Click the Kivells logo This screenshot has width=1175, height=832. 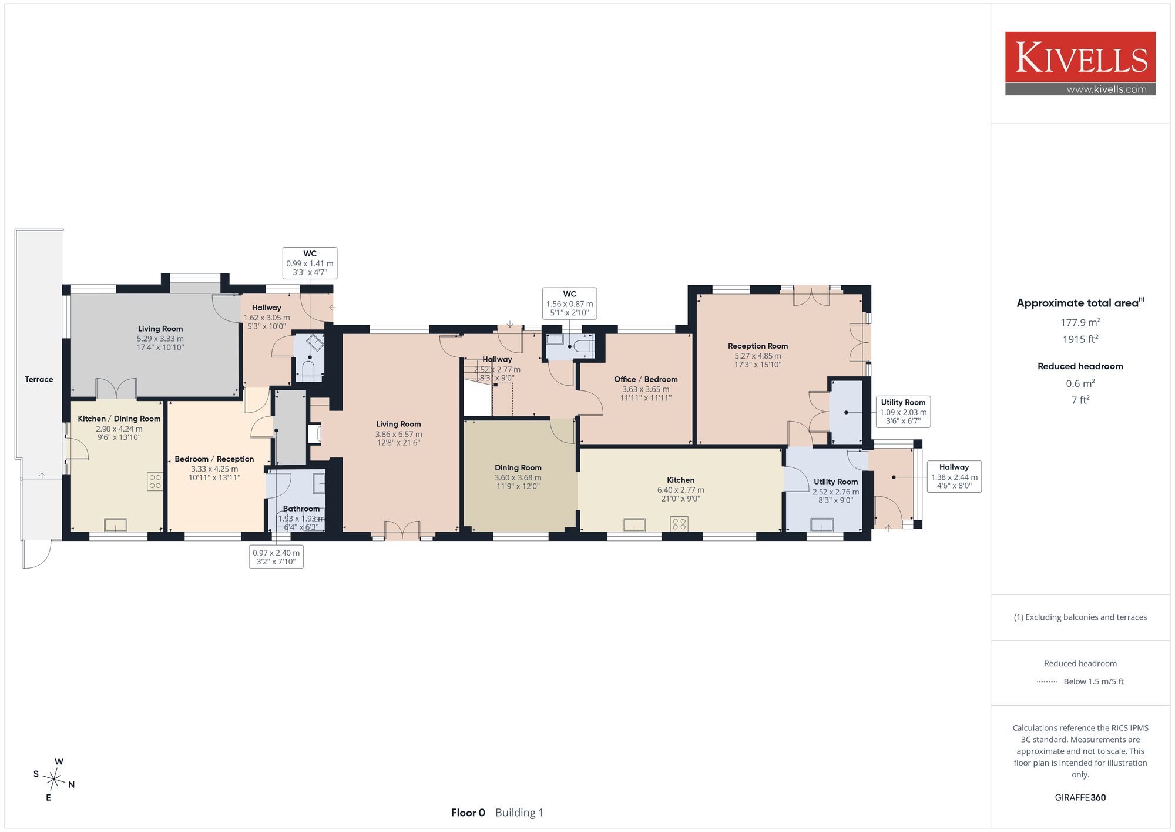(x=1080, y=64)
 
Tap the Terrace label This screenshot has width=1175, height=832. (x=39, y=379)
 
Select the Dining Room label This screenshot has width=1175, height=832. (x=518, y=468)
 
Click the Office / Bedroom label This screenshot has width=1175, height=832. (x=646, y=379)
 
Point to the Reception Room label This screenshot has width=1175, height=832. (x=758, y=346)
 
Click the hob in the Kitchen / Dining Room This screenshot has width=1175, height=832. (x=155, y=482)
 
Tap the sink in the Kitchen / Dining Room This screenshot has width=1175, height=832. (x=116, y=524)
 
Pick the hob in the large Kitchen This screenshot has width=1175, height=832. (x=679, y=523)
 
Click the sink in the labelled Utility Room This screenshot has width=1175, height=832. (x=822, y=524)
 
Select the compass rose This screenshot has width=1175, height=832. (x=54, y=780)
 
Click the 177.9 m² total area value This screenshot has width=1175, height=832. (x=1080, y=322)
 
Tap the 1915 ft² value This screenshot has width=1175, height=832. (x=1080, y=339)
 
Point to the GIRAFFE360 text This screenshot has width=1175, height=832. (x=1080, y=798)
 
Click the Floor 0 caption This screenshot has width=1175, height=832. (x=468, y=813)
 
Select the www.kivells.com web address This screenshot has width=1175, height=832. (x=1106, y=89)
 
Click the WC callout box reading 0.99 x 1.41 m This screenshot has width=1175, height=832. (x=310, y=263)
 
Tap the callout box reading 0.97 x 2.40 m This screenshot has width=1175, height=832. (x=276, y=557)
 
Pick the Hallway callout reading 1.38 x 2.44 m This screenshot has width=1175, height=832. (x=954, y=476)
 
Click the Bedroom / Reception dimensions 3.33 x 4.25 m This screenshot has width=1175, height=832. (x=214, y=469)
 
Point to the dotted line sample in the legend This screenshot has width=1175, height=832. (x=1047, y=682)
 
